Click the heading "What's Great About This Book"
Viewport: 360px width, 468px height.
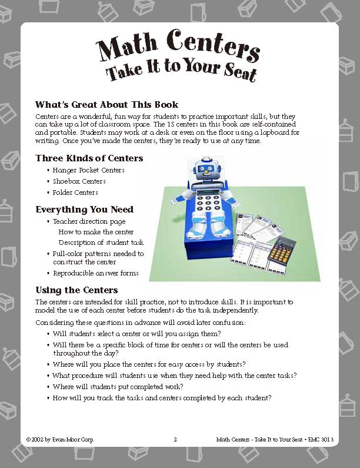pyautogui.click(x=107, y=104)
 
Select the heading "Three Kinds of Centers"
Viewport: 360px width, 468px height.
pyautogui.click(x=89, y=158)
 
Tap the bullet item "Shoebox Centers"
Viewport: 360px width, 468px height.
pyautogui.click(x=79, y=181)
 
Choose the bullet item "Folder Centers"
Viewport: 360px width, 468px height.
pyautogui.click(x=75, y=192)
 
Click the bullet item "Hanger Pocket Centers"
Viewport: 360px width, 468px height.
pyautogui.click(x=89, y=170)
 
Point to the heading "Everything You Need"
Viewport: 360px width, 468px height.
pyautogui.click(x=84, y=209)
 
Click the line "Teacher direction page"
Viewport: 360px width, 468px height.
pyautogui.click(x=89, y=221)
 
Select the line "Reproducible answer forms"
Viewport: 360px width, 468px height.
pyautogui.click(x=96, y=273)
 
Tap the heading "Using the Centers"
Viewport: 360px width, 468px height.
pyautogui.click(x=76, y=290)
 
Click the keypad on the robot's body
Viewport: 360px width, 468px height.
pyautogui.click(x=208, y=203)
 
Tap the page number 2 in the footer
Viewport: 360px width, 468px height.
pyautogui.click(x=175, y=439)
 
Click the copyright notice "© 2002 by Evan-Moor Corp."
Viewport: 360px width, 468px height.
pyautogui.click(x=60, y=439)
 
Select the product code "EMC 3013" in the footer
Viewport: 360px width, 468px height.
pyautogui.click(x=321, y=439)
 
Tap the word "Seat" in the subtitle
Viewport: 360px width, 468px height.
pyautogui.click(x=241, y=72)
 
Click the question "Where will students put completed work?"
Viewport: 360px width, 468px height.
pyautogui.click(x=118, y=387)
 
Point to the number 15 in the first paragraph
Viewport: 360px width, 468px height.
pyautogui.click(x=171, y=124)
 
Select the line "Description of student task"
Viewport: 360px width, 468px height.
pyautogui.click(x=101, y=243)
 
